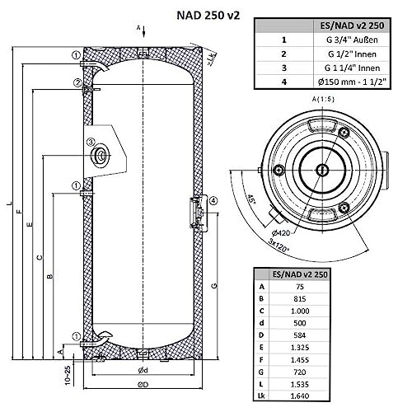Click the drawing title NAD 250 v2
[x=208, y=16]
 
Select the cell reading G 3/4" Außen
[x=352, y=40]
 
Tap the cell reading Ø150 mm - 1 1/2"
[x=352, y=82]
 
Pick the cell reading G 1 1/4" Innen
[x=352, y=68]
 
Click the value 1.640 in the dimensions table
[x=300, y=396]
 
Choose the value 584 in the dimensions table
[x=300, y=335]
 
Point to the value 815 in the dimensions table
[x=300, y=298]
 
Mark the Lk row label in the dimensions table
[x=261, y=396]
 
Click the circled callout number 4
[x=213, y=201]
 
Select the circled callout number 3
[x=91, y=142]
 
